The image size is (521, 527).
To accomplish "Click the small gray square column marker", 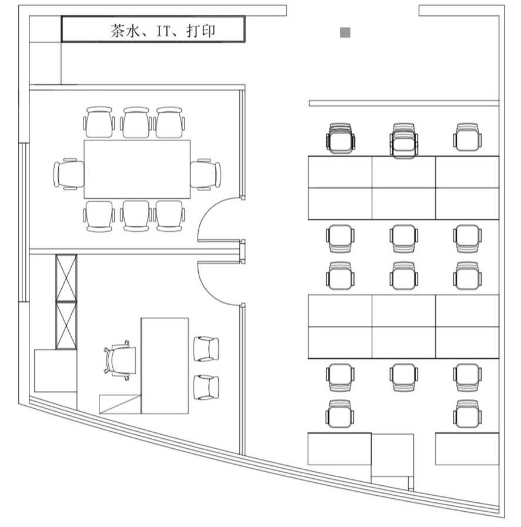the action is point(345,32).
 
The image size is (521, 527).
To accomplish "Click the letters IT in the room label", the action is point(164,31).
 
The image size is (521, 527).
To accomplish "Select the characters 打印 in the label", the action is point(201,31).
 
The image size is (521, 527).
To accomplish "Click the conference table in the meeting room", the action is point(137,169).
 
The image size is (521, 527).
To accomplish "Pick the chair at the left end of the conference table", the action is point(69,174).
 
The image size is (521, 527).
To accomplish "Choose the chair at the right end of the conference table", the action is point(206,174).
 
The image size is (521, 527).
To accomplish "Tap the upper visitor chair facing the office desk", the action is point(206,349).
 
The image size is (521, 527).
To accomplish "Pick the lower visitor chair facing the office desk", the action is point(206,387).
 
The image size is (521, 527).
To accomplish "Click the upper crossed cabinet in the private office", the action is point(66,278).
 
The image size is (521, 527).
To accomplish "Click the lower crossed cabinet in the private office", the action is point(66,326).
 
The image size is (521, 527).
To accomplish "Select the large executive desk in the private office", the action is point(165,366).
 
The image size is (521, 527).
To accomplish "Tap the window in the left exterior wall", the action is point(24,222).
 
